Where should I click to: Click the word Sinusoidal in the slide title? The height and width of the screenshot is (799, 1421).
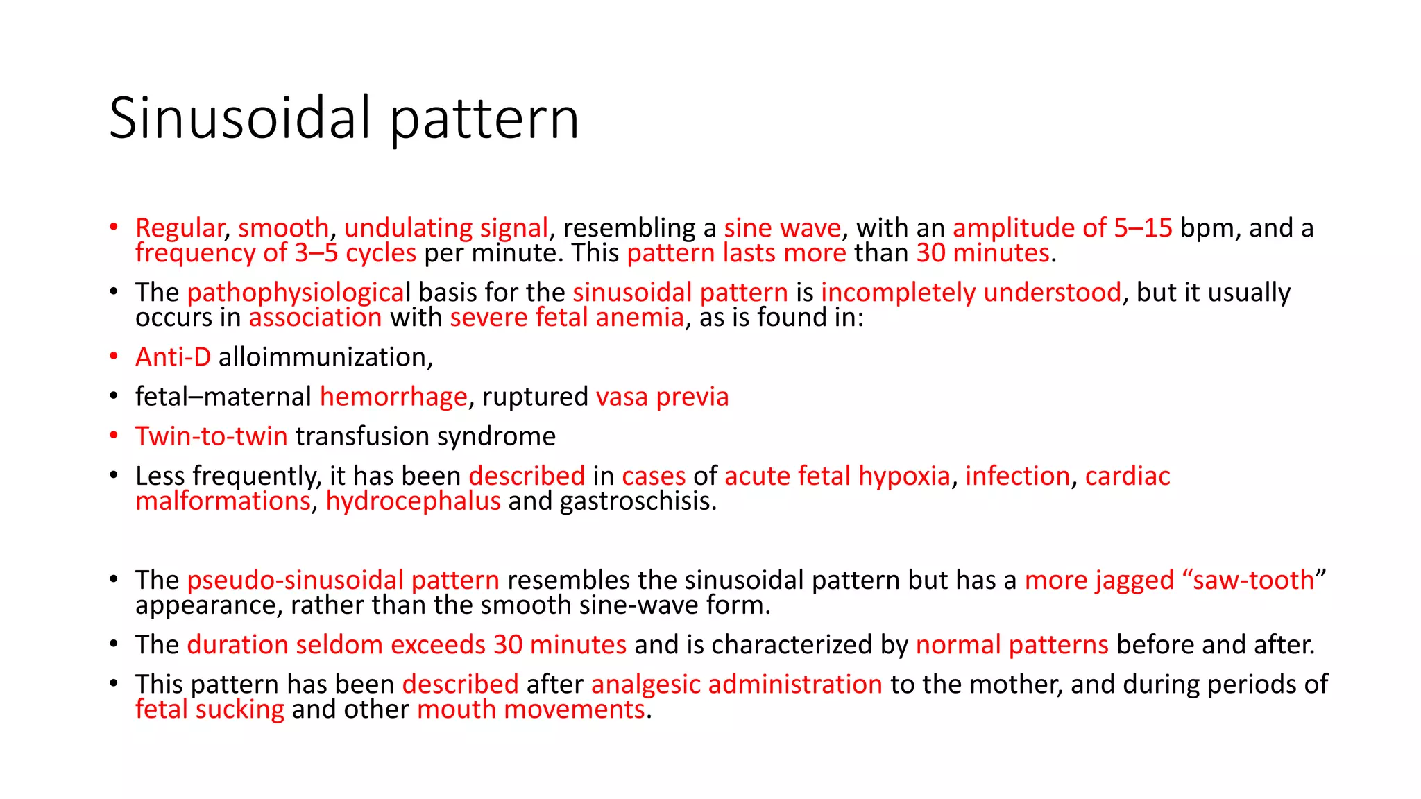pyautogui.click(x=240, y=118)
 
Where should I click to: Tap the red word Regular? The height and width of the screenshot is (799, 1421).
pyautogui.click(x=179, y=228)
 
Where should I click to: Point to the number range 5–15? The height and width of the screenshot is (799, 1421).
pyautogui.click(x=1143, y=228)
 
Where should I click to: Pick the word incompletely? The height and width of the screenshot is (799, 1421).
pyautogui.click(x=898, y=293)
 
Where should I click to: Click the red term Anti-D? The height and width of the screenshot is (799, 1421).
pyautogui.click(x=173, y=357)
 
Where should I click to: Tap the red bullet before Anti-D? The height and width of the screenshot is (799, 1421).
pyautogui.click(x=114, y=357)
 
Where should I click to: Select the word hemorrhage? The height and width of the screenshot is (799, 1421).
pyautogui.click(x=393, y=397)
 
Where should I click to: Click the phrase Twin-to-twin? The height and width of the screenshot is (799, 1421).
pyautogui.click(x=211, y=436)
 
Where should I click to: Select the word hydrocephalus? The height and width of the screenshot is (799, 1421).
pyautogui.click(x=413, y=501)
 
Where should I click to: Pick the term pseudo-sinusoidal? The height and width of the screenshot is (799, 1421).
pyautogui.click(x=295, y=580)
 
